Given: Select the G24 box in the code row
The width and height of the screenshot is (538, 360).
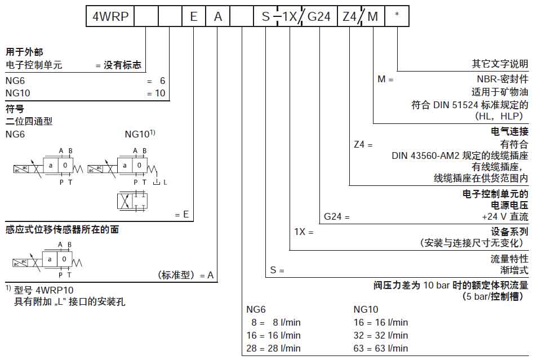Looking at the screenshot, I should tap(319, 17).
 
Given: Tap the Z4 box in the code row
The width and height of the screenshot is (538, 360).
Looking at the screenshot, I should tap(349, 17).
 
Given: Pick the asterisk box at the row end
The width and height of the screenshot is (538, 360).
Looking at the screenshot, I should tap(397, 17).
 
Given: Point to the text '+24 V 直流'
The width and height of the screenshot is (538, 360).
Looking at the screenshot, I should tap(505, 216).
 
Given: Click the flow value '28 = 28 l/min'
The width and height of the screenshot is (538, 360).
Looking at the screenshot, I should tap(273, 348).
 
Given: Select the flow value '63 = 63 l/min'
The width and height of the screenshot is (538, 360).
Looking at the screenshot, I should tap(380, 348).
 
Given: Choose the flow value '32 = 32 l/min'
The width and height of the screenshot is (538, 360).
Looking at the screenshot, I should tap(380, 335).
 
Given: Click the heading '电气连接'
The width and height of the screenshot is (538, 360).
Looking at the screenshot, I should tap(510, 131).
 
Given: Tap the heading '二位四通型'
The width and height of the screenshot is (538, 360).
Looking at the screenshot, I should tap(29, 121).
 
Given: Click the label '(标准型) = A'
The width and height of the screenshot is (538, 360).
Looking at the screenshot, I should tap(186, 275).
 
